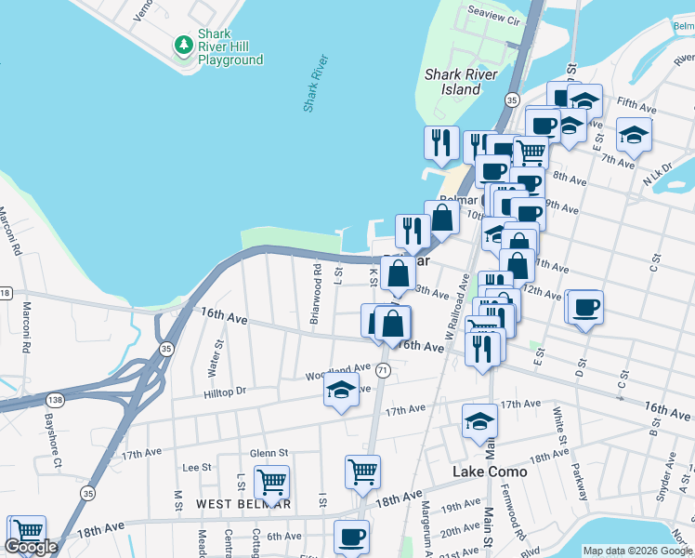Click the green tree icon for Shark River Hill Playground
(184, 45)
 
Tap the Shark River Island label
(460, 82)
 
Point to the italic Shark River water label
(316, 84)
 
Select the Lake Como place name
(490, 472)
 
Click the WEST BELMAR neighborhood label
(243, 504)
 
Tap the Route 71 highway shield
(383, 370)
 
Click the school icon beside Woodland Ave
(341, 392)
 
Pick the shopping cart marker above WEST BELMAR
(271, 483)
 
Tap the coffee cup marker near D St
(584, 307)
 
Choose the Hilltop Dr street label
(226, 392)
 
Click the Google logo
(31, 547)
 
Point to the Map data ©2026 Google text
(636, 551)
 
